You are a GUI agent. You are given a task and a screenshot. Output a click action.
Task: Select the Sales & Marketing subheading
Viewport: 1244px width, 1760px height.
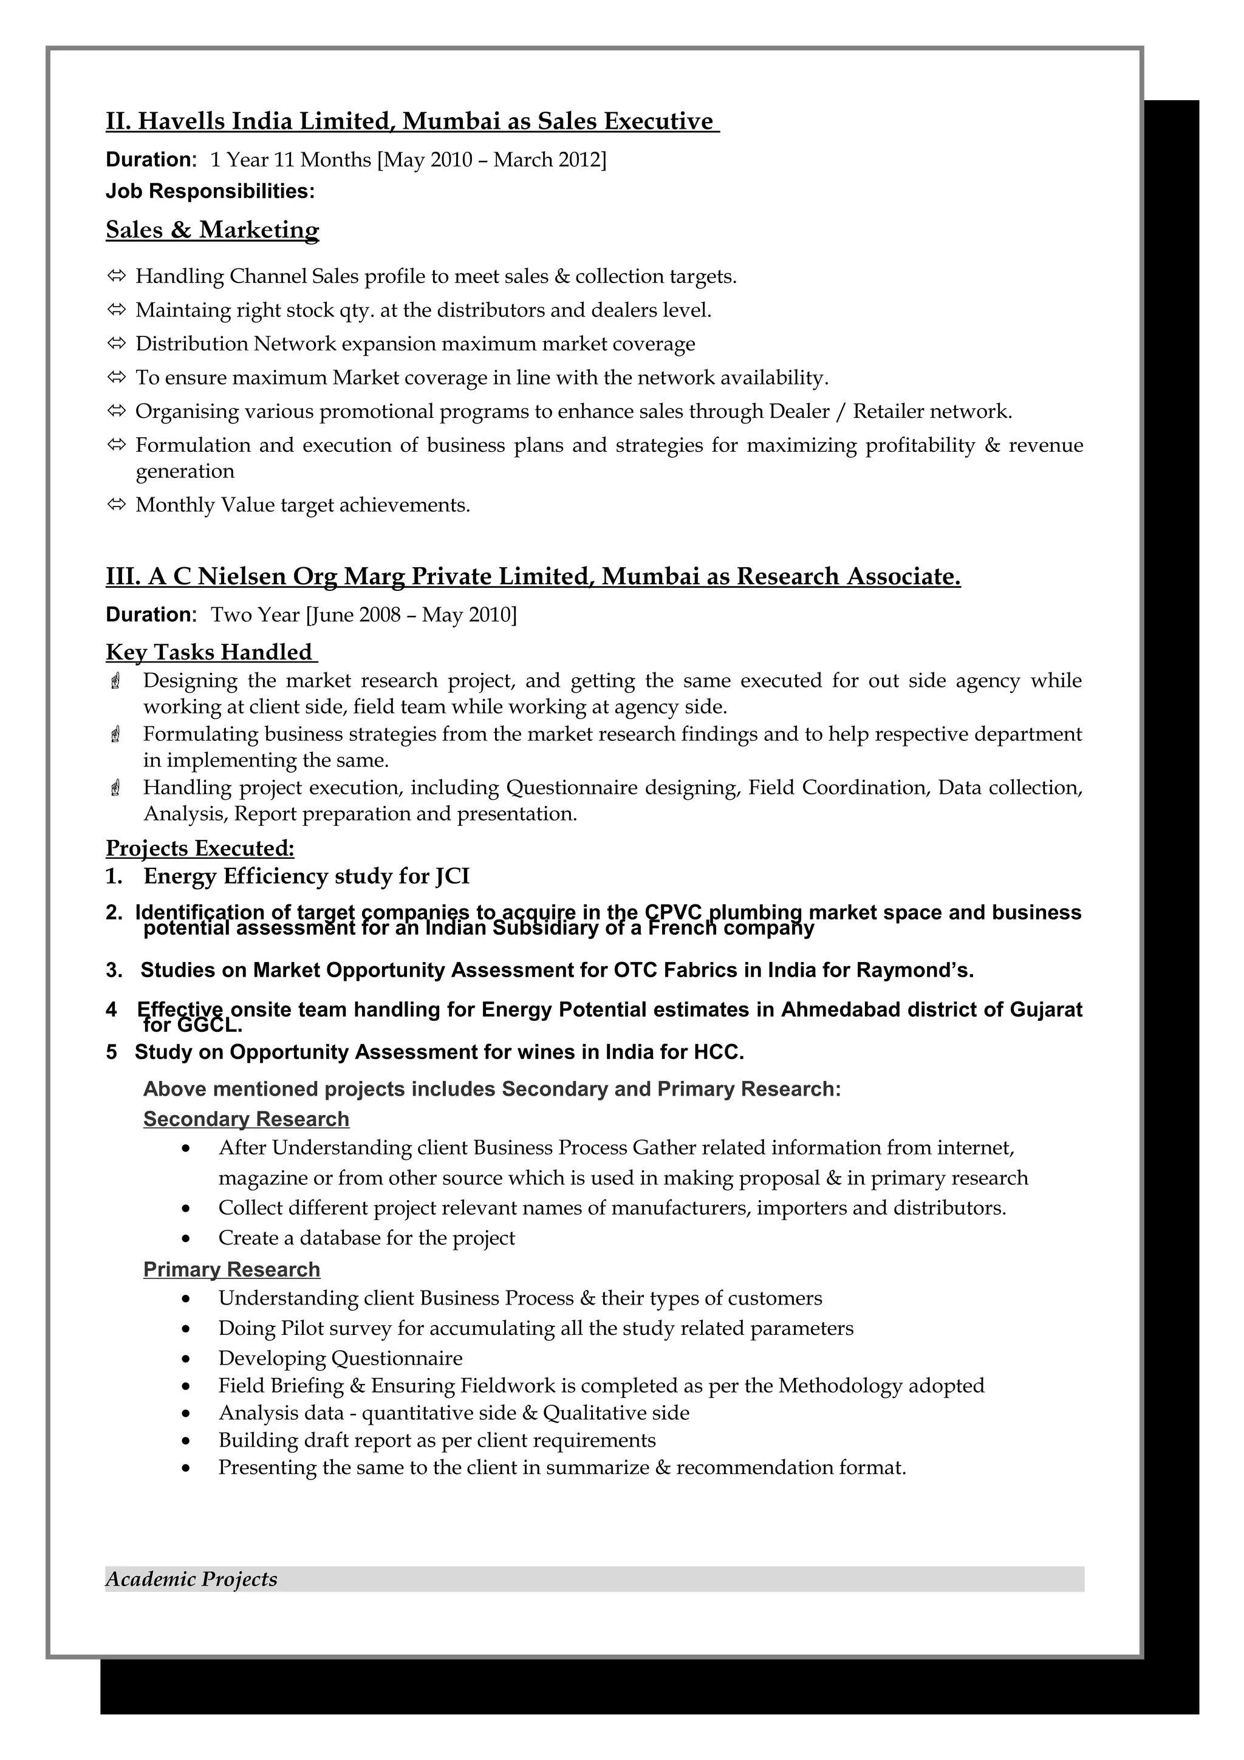pyautogui.click(x=213, y=230)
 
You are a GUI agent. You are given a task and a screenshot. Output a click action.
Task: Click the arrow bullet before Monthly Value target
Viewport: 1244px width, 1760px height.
pyautogui.click(x=116, y=505)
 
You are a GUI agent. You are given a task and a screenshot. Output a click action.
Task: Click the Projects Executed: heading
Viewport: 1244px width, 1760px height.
pyautogui.click(x=200, y=848)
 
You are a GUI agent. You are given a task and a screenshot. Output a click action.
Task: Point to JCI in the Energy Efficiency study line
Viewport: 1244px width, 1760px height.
pyautogui.click(x=452, y=876)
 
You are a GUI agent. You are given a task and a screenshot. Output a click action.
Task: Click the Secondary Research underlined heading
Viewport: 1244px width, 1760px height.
pyautogui.click(x=246, y=1119)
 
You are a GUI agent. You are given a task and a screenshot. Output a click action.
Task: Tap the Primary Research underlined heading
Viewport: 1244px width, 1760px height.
pyautogui.click(x=231, y=1269)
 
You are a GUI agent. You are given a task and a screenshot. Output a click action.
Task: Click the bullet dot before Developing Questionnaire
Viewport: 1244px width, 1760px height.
pyautogui.click(x=186, y=1359)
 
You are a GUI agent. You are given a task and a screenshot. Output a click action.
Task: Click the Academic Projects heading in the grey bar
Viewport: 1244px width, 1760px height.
pyautogui.click(x=191, y=1579)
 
